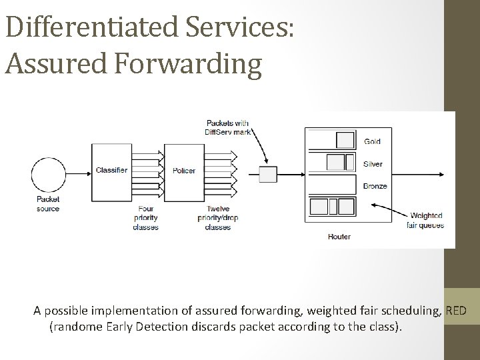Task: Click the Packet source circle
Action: (x=48, y=172)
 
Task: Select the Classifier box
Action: (x=111, y=171)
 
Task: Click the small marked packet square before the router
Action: (x=267, y=175)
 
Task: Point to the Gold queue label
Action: (x=373, y=141)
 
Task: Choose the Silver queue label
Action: (x=373, y=164)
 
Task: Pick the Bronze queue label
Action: (x=375, y=186)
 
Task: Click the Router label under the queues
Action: (x=339, y=237)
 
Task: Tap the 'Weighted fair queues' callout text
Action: (x=425, y=220)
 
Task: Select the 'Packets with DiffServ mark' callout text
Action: (x=227, y=127)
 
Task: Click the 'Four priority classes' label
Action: (x=146, y=217)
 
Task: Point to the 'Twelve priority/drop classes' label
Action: (x=218, y=217)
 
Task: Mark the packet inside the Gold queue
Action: (x=345, y=140)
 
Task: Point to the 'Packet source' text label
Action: (x=48, y=204)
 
